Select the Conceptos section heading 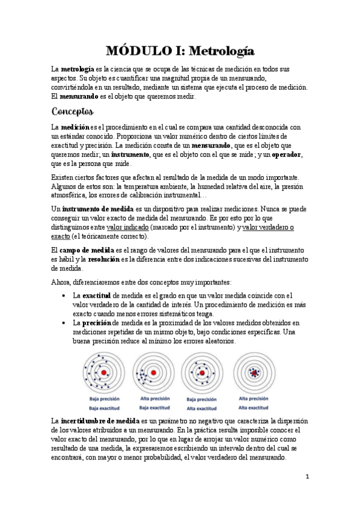[72, 111]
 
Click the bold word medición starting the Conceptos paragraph [75, 127]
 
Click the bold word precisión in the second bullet [97, 323]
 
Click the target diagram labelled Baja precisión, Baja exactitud [103, 373]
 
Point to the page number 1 [307, 477]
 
